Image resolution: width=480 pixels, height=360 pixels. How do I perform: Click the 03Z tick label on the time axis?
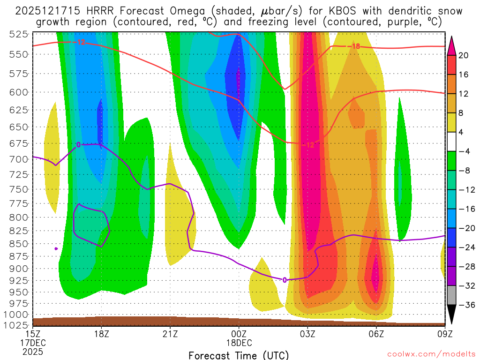pyautogui.click(x=307, y=335)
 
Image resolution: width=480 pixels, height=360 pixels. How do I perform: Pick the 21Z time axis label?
pyautogui.click(x=170, y=335)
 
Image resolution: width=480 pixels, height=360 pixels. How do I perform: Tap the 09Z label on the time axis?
pyautogui.click(x=444, y=335)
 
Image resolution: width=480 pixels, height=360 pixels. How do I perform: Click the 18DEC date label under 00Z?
pyautogui.click(x=239, y=343)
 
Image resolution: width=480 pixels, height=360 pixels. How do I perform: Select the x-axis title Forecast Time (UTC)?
pyautogui.click(x=239, y=355)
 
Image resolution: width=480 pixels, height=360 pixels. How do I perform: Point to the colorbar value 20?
pyautogui.click(x=464, y=55)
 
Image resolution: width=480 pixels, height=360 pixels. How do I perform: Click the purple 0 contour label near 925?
pyautogui.click(x=285, y=280)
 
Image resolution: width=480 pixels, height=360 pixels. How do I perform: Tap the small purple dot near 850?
pyautogui.click(x=56, y=248)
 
